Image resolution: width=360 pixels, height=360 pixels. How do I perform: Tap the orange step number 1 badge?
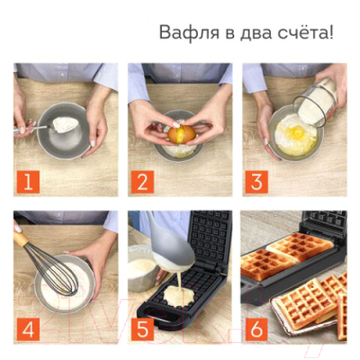27,183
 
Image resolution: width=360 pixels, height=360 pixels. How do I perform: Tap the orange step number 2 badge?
141,183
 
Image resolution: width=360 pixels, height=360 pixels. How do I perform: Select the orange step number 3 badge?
256,183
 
